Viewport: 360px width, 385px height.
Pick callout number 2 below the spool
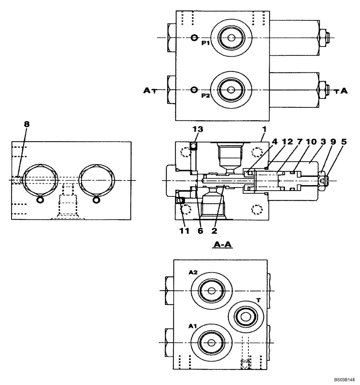coord(214,231)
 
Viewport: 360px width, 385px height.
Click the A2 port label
coord(193,273)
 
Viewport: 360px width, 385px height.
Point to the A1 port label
coord(193,326)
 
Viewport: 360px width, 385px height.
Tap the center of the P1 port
coord(231,37)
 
